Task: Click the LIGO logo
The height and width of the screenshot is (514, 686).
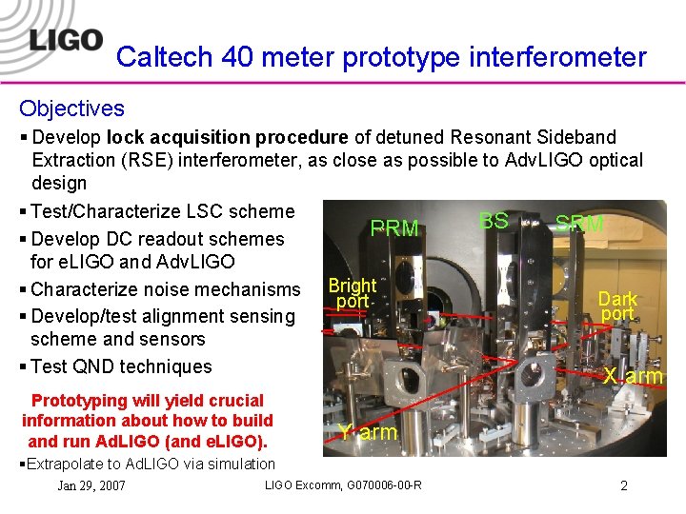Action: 66,40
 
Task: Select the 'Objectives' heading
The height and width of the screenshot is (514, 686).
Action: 71,109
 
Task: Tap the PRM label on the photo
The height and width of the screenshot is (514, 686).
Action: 394,228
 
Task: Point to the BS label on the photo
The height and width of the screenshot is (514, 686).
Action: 493,221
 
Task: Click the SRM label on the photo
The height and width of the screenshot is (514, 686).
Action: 579,224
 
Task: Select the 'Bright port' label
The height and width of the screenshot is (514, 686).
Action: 352,293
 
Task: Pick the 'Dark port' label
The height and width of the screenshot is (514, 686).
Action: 617,306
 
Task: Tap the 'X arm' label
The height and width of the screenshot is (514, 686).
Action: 633,376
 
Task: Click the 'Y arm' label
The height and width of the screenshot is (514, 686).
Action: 368,432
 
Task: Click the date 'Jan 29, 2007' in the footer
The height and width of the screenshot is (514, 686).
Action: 91,485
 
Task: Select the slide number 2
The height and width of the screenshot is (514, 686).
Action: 623,485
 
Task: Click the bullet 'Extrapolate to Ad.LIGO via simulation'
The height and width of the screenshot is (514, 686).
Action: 147,464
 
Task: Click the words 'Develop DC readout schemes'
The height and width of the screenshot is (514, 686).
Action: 157,239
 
